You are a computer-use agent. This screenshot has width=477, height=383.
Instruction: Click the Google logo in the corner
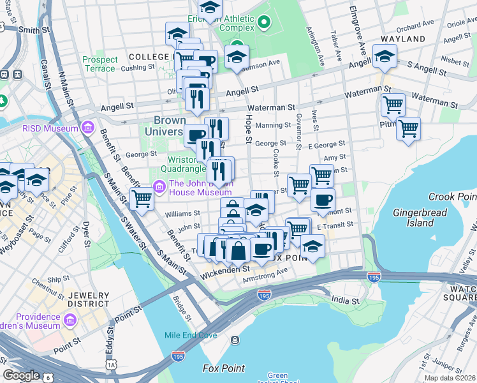(x=22, y=375)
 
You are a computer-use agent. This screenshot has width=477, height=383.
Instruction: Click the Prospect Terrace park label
(x=99, y=64)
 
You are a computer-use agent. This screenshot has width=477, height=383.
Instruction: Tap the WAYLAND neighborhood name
(x=403, y=39)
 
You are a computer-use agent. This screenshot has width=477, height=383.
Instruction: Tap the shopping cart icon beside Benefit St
(x=142, y=199)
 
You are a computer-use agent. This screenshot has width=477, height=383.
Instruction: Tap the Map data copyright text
(x=450, y=378)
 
